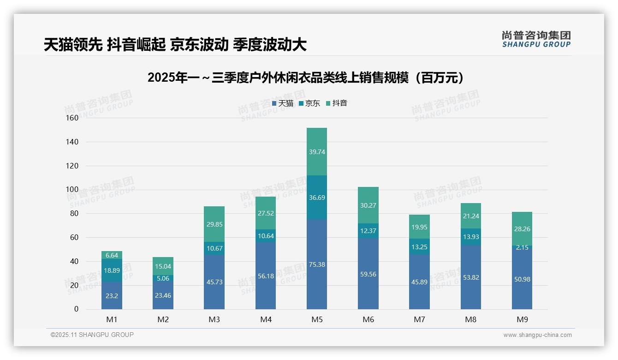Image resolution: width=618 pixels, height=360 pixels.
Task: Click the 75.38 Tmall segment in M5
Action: [x=316, y=264]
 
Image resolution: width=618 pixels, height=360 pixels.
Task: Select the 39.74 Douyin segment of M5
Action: [x=316, y=152]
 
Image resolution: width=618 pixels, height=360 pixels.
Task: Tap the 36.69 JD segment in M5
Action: [x=316, y=198]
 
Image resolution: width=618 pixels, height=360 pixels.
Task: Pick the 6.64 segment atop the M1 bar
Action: [x=112, y=255]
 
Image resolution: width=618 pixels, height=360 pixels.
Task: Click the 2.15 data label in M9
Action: [x=522, y=248]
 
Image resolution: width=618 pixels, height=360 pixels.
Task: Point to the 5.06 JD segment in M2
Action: [x=163, y=278]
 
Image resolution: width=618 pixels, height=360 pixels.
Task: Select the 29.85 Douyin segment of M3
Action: [x=214, y=224]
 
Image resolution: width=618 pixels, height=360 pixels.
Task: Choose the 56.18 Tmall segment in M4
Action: [x=266, y=276]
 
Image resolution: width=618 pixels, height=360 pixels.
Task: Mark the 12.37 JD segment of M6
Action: [x=368, y=231]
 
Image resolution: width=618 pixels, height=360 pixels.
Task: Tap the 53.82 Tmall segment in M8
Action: [x=471, y=277]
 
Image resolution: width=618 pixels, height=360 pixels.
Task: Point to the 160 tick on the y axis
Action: [x=72, y=118]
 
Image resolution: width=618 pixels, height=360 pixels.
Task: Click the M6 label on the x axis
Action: [x=368, y=319]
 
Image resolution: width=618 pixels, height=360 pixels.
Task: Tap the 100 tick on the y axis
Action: [x=72, y=190]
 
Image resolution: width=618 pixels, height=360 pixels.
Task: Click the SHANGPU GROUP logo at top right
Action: [x=536, y=39]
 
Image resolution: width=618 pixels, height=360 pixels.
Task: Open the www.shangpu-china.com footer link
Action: [x=537, y=335]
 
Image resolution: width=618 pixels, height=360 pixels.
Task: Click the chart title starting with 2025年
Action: [x=305, y=78]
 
